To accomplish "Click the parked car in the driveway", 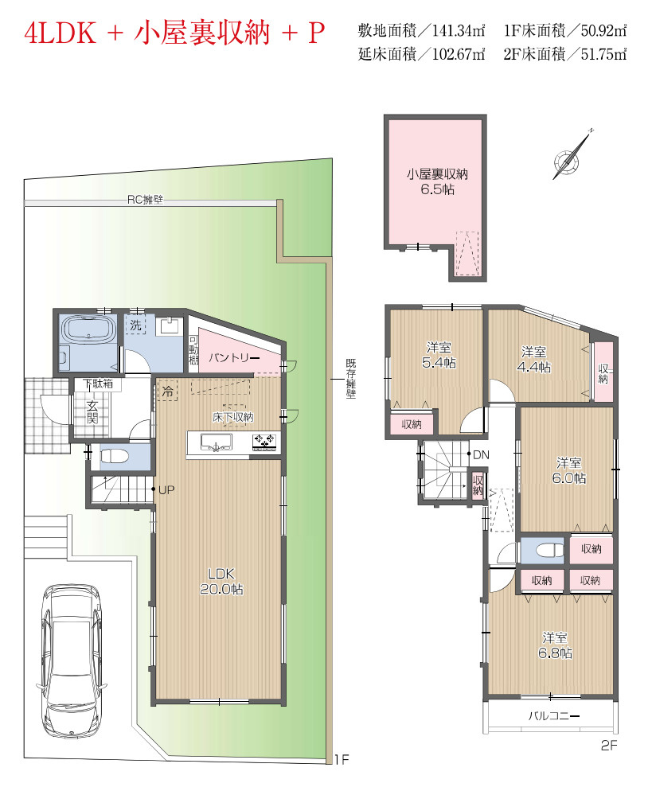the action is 72,660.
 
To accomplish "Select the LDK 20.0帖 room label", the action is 221,581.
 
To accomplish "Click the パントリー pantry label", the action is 234,357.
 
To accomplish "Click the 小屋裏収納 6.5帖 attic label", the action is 438,181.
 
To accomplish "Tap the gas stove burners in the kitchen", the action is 264,442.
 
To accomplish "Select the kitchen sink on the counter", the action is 217,442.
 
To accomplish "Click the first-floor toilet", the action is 115,456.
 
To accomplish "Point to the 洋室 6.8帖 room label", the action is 555,645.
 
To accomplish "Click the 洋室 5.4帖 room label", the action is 439,355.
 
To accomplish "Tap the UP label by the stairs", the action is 166,489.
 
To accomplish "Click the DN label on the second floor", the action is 481,454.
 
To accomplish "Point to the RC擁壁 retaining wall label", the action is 146,200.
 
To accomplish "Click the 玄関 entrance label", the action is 92,411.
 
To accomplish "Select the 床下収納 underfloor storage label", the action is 232,417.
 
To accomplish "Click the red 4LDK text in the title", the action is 60,33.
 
